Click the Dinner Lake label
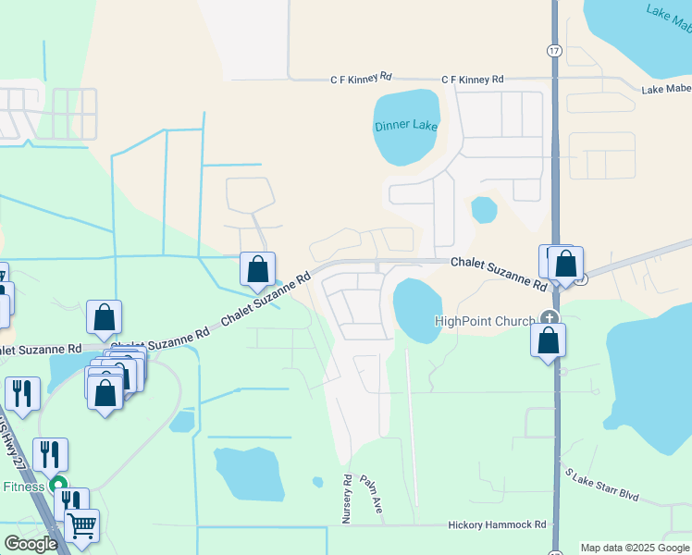[405, 126]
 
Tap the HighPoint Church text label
[485, 321]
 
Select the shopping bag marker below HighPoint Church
[549, 340]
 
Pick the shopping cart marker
[82, 525]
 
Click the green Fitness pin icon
[57, 484]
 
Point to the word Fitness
[24, 486]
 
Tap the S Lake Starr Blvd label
[602, 484]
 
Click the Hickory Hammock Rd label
[497, 524]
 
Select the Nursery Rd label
[348, 499]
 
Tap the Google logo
[31, 543]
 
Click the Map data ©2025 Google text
[635, 548]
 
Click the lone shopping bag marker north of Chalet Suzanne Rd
[258, 270]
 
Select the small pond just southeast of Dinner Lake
[484, 210]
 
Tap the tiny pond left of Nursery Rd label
[317, 482]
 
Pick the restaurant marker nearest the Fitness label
[51, 454]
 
